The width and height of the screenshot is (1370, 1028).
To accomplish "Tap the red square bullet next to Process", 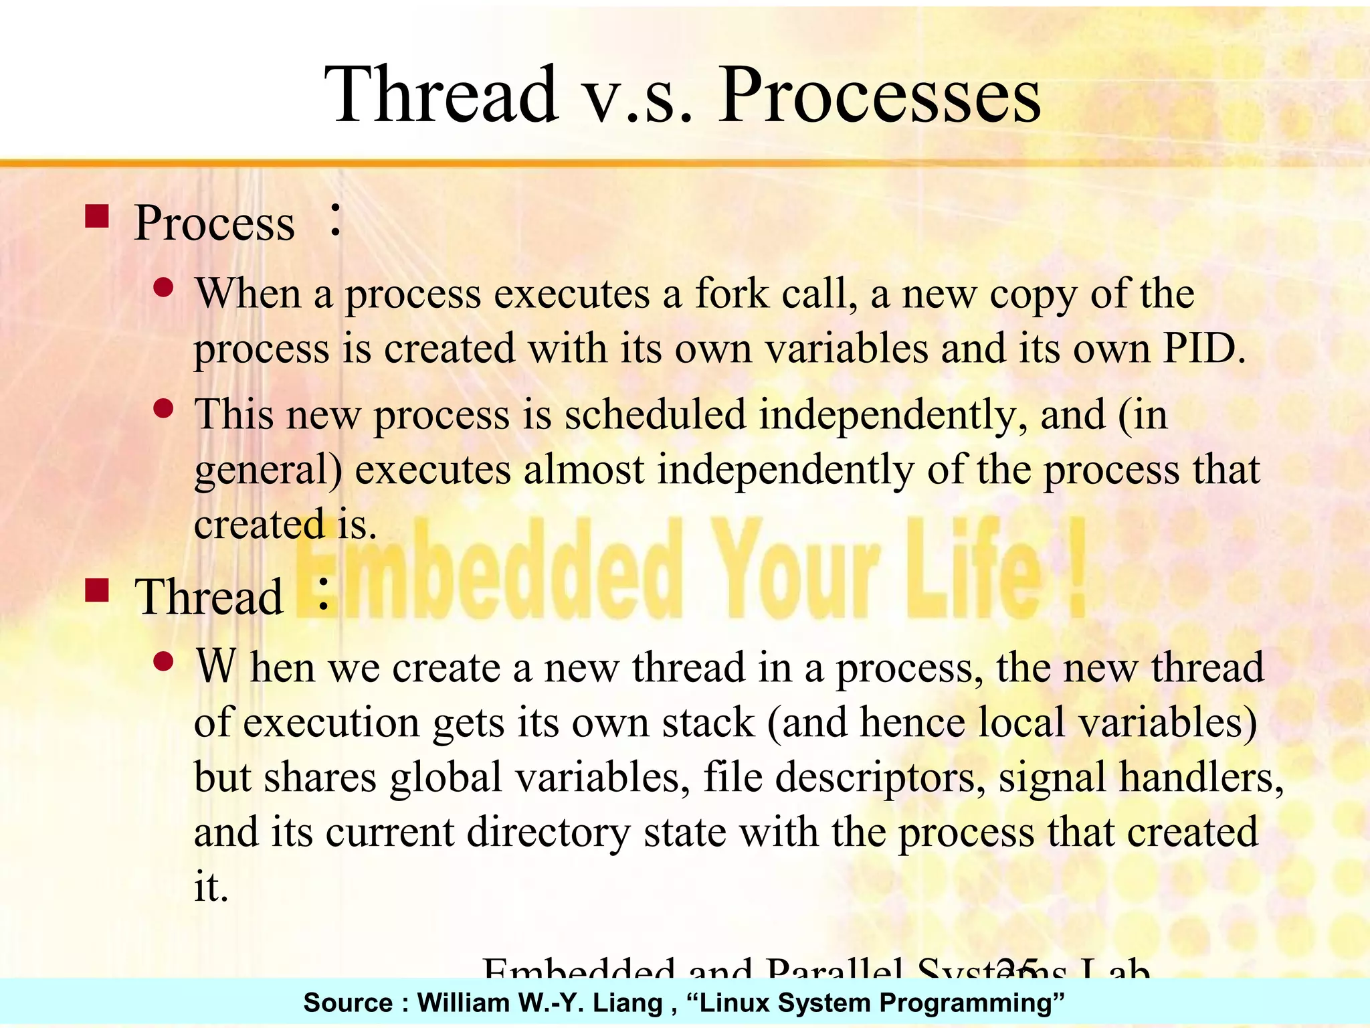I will pos(98,218).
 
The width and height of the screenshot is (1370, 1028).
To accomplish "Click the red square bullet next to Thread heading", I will pos(98,591).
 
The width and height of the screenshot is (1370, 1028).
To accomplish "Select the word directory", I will pos(549,833).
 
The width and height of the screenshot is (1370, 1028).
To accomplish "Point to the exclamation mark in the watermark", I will pos(1076,569).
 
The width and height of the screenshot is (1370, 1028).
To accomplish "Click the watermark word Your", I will pos(794,569).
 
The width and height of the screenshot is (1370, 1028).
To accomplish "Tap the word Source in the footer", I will pos(347,1003).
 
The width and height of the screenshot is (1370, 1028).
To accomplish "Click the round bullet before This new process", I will pos(163,408).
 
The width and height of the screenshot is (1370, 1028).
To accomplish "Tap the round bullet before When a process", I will pos(163,288).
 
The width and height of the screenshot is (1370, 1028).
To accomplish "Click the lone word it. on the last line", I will pos(211,887).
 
